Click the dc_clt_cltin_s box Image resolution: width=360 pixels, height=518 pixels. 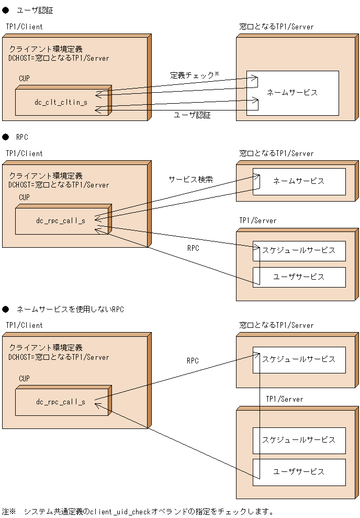coord(61,102)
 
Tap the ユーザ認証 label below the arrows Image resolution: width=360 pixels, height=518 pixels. coord(192,115)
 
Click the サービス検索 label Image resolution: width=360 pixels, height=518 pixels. coord(190,179)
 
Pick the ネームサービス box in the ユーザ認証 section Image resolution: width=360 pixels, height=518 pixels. coord(292,93)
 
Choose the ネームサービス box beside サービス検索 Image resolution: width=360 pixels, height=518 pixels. coord(299,181)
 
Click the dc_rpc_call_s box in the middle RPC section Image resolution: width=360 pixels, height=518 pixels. coord(61,221)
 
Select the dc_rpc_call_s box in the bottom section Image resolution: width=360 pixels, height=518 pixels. coord(61,402)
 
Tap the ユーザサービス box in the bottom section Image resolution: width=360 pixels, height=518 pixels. coord(299,472)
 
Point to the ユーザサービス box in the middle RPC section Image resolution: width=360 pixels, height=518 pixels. coord(299,277)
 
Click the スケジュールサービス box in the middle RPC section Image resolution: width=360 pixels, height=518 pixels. coord(299,250)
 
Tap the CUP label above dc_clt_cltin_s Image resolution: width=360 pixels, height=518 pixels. coord(25,78)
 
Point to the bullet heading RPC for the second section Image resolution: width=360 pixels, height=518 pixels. coord(22,137)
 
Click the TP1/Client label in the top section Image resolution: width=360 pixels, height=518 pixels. coord(24,26)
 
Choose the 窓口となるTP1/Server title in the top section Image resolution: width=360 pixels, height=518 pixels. coord(276,26)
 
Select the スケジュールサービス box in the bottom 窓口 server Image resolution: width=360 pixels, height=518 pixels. coord(299,359)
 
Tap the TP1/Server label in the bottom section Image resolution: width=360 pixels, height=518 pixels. coord(284,399)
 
